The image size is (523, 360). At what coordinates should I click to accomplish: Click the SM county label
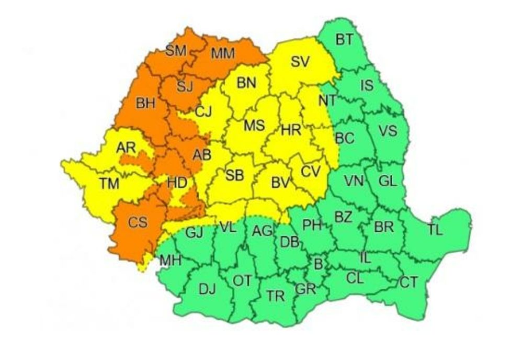[x=176, y=51]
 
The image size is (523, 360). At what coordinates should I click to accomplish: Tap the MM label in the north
[x=223, y=53]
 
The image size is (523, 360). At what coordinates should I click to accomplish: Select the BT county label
[x=343, y=39]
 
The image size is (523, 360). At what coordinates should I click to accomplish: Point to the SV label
[x=300, y=62]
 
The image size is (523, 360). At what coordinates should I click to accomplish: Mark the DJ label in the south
[x=207, y=287]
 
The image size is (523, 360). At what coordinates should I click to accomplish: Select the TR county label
[x=275, y=297]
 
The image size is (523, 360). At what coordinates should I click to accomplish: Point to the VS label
[x=388, y=131]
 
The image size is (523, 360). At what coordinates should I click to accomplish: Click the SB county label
[x=234, y=176]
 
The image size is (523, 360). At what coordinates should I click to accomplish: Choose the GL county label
[x=388, y=181]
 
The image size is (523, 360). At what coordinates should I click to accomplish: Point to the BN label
[x=246, y=83]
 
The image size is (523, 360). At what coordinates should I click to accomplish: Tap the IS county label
[x=368, y=85]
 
